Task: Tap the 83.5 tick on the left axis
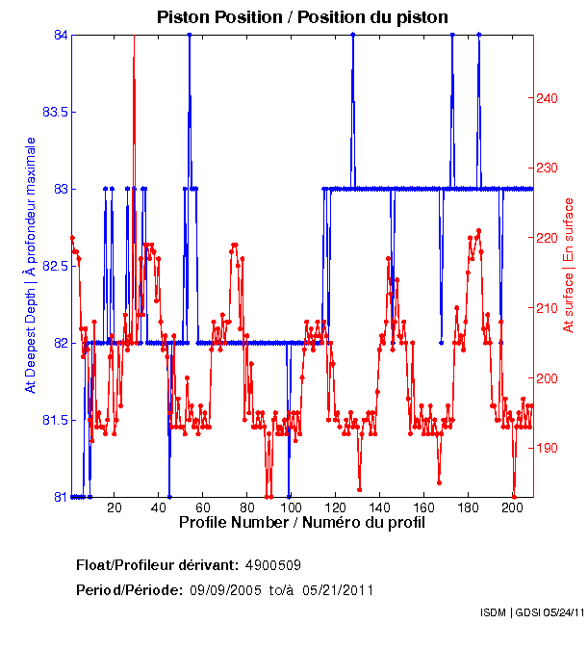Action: pos(54,113)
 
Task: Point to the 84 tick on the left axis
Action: pos(61,36)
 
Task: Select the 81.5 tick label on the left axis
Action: pos(54,421)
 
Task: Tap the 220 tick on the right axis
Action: pos(547,238)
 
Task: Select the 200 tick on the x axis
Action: pos(511,507)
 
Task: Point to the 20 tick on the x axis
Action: pos(115,507)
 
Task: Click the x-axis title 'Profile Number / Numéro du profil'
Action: pos(301,523)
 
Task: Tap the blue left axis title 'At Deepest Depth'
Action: pos(31,265)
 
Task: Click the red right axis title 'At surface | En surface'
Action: pos(569,265)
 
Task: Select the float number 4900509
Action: pos(280,564)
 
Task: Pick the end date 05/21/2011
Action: pos(338,589)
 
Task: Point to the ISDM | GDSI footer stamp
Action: pos(531,612)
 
